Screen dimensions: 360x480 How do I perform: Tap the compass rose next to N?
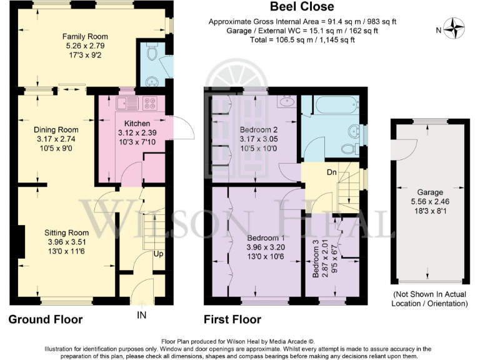pyautogui.click(x=458, y=29)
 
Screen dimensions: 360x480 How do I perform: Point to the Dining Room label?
pyautogui.click(x=56, y=129)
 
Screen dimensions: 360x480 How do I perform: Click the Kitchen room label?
pyautogui.click(x=137, y=122)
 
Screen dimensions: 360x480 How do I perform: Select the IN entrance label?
pyautogui.click(x=142, y=314)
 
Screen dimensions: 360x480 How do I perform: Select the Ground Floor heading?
pyautogui.click(x=45, y=320)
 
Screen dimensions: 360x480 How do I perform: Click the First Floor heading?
pyautogui.click(x=232, y=320)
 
